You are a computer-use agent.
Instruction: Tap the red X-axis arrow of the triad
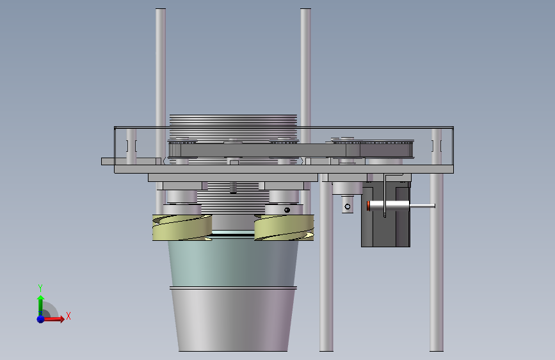(x=53, y=319)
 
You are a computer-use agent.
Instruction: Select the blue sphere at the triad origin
(x=41, y=319)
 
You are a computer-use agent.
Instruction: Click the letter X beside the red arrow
(x=68, y=316)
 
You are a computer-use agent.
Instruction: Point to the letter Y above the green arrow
(x=40, y=288)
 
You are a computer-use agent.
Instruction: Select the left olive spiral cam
(x=182, y=227)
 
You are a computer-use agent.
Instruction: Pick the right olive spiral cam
(x=284, y=227)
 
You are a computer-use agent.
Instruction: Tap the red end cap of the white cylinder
(x=369, y=206)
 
